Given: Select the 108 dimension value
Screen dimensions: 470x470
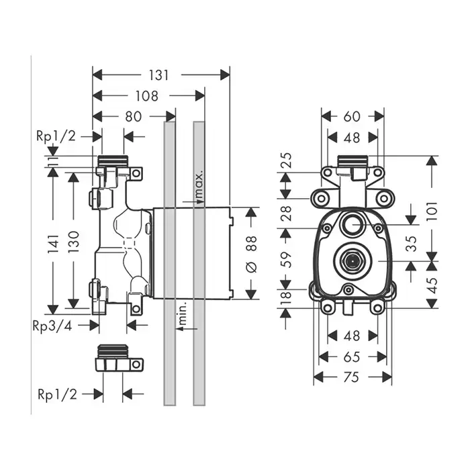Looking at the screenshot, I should point(146,96).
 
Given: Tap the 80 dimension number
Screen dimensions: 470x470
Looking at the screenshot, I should point(133,116).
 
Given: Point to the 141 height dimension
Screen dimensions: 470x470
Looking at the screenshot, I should point(52,238).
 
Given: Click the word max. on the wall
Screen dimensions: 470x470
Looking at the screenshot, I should point(199,186).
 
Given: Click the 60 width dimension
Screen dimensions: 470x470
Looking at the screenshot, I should point(352,116).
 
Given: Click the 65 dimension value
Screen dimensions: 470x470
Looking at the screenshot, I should point(352,356).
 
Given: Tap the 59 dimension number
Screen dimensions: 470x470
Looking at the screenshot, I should point(285,260).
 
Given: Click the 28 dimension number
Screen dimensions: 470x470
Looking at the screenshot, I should point(285,214).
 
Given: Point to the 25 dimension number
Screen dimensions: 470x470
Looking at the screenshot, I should point(285,161).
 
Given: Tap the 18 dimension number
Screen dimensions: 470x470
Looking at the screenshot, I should point(285,296).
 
